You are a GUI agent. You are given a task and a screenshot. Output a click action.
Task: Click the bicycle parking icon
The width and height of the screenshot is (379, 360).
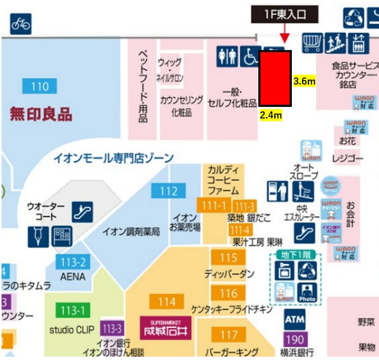(21, 24)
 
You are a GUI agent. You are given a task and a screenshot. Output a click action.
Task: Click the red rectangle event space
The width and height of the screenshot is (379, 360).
(275, 78)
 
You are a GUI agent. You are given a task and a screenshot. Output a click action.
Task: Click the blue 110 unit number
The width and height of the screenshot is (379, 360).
(40, 87)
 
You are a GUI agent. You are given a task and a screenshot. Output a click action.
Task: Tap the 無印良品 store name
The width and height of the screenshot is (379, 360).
(42, 113)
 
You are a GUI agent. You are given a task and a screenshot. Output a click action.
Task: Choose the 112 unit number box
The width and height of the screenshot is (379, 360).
(168, 191)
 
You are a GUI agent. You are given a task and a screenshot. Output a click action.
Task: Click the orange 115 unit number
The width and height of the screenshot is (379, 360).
(228, 257)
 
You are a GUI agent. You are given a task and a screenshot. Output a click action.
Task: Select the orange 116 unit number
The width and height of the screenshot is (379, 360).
(228, 293)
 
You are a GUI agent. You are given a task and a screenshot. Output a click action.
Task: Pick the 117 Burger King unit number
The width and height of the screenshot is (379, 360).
(229, 334)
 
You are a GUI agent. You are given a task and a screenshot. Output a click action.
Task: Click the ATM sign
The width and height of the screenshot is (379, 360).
(294, 319)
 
